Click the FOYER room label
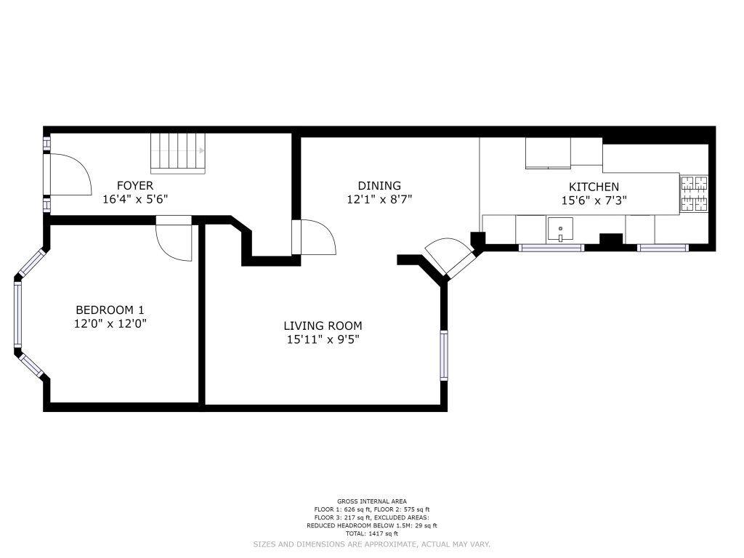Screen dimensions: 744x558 coord(135,185)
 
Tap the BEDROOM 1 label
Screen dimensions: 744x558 coord(110,310)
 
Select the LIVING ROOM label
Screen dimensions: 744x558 coord(323,325)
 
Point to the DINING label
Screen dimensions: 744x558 coord(379,185)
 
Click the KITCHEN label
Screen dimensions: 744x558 coord(594,187)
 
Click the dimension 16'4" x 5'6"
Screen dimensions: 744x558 coord(135,199)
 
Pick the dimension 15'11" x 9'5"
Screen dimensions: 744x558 coord(323,339)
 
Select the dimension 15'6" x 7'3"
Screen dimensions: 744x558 coord(594,201)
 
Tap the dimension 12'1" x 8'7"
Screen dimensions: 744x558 coord(379,199)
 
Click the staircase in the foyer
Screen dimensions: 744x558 coord(179,152)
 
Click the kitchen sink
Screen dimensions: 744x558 coord(560,229)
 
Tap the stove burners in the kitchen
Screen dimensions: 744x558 coord(695,193)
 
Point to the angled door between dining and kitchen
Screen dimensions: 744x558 coord(448,256)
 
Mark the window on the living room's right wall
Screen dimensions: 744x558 coord(444,355)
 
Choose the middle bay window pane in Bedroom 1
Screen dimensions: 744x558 coord(17,314)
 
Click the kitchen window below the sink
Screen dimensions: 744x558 coord(551,247)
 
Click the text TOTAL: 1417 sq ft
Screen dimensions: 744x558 coord(371,534)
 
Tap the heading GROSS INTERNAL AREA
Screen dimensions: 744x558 coord(371,501)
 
